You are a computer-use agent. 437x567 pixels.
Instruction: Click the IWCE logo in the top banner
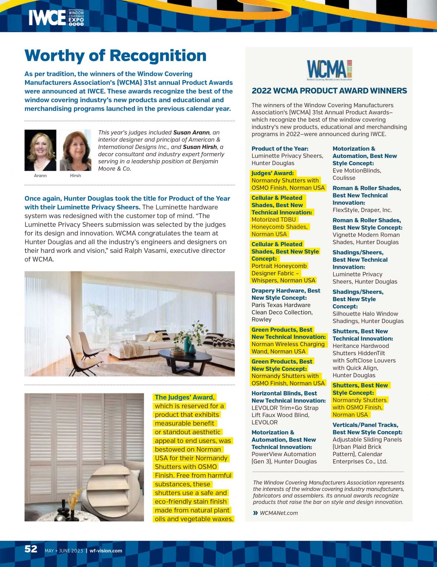click(56, 17)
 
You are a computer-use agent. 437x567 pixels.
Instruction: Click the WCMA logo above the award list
click(329, 70)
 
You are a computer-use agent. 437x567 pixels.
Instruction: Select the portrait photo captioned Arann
click(40, 150)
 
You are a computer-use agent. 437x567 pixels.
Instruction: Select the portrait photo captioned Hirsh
click(75, 150)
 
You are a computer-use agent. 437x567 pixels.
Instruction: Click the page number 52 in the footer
click(31, 549)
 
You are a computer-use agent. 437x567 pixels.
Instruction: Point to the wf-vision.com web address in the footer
click(106, 551)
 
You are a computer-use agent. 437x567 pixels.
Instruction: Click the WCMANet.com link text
click(279, 513)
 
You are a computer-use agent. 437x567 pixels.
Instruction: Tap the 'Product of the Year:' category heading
click(280, 148)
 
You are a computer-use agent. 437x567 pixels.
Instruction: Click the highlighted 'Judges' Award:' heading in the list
click(273, 173)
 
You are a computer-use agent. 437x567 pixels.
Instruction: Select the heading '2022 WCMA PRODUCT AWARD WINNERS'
click(329, 91)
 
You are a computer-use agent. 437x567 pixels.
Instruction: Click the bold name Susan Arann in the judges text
click(191, 133)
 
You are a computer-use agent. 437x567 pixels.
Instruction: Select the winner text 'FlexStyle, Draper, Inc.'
click(362, 210)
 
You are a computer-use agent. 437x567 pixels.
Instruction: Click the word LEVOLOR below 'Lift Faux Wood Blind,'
click(264, 422)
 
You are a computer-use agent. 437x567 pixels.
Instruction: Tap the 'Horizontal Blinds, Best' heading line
click(284, 394)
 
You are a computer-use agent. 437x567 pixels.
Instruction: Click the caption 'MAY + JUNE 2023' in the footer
click(64, 551)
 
